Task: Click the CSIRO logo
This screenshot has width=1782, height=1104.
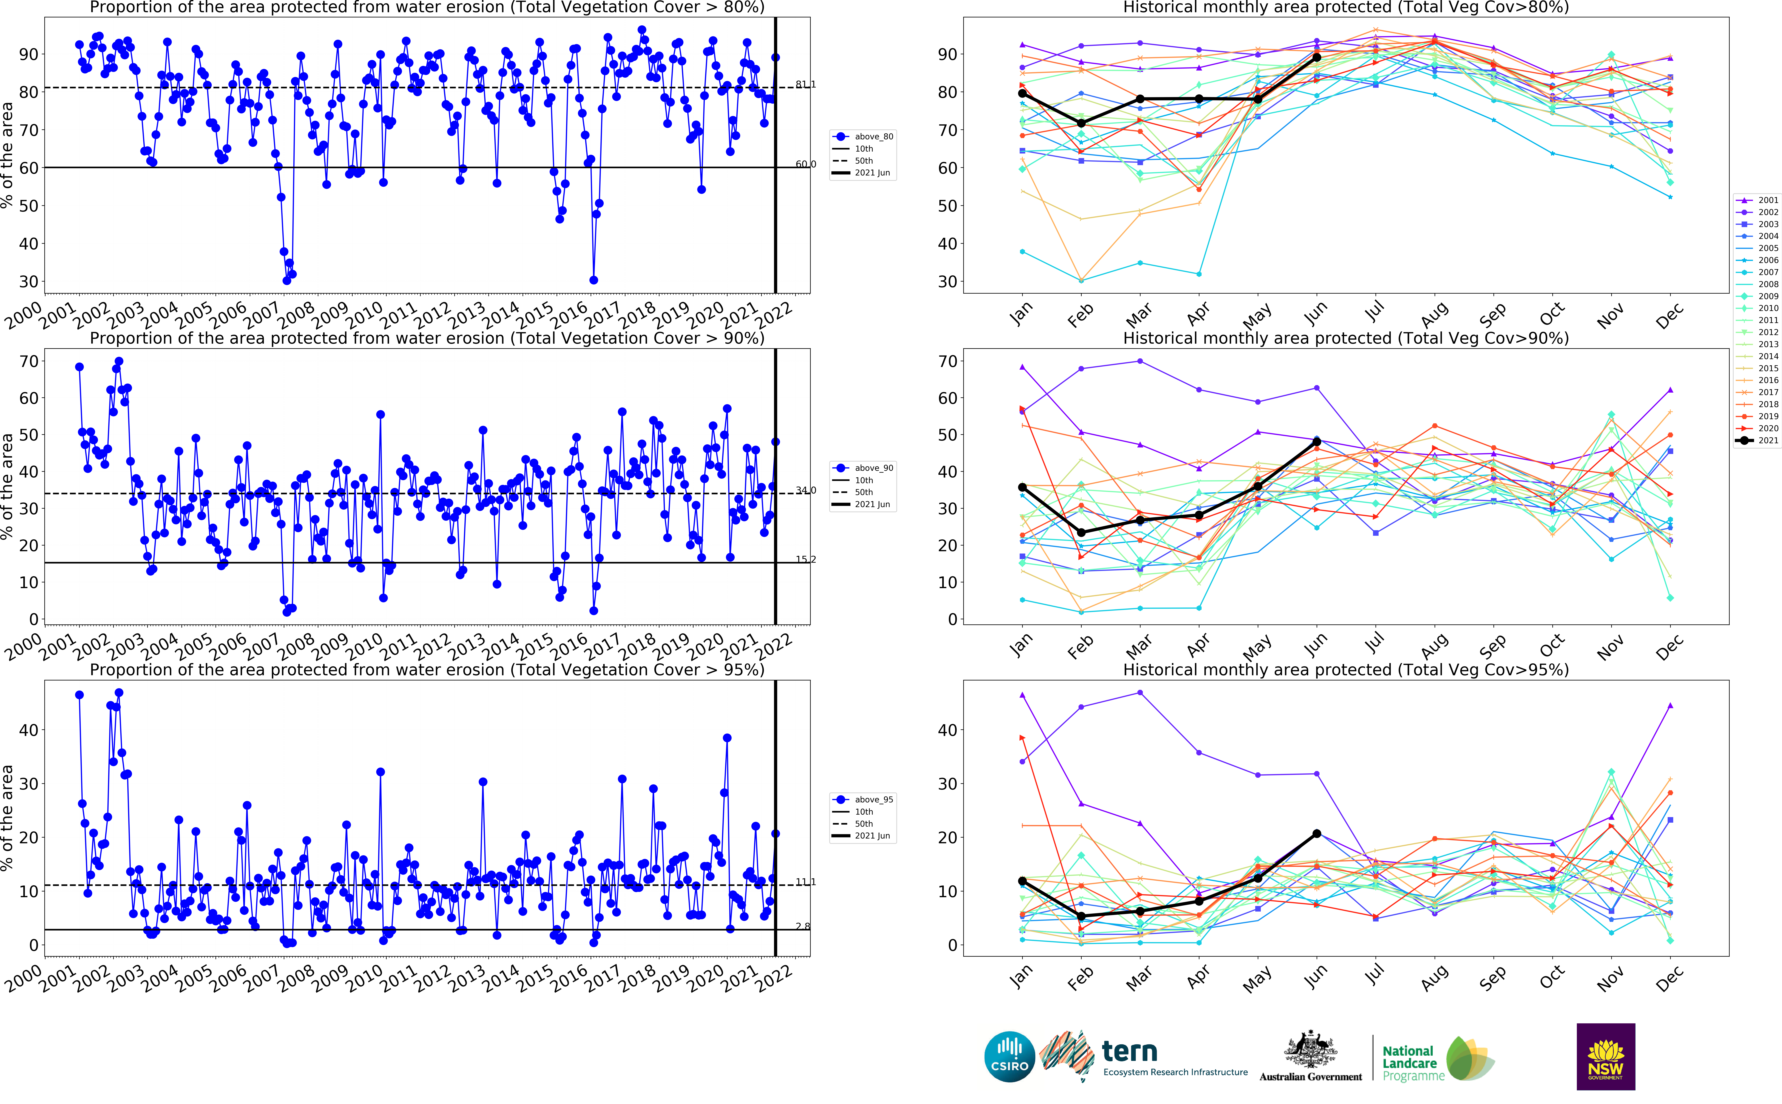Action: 1009,1057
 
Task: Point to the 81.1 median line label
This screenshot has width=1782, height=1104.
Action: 806,85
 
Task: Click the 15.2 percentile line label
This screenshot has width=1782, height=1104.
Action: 806,559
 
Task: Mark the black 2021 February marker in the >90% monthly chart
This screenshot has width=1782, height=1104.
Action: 1082,532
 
